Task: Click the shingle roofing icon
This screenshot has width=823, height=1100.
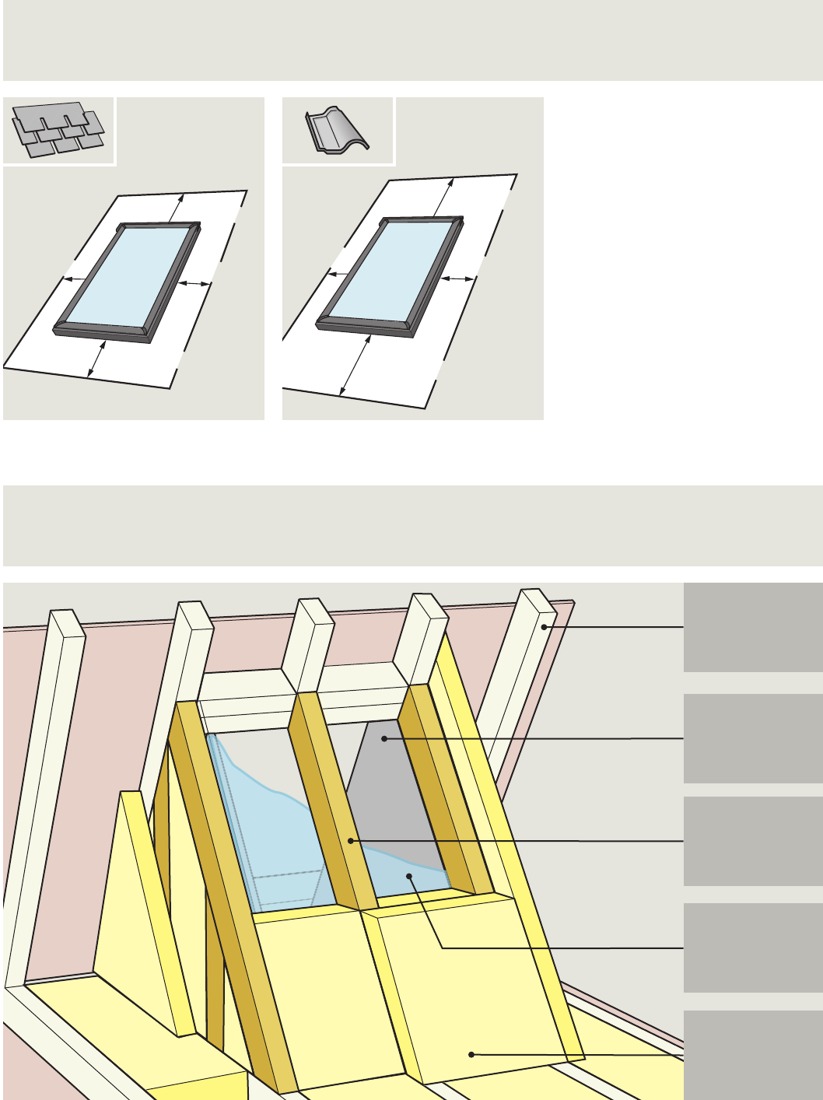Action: (x=58, y=128)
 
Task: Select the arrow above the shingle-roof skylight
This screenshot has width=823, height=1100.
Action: (x=178, y=208)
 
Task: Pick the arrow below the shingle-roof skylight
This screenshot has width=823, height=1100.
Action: (x=97, y=359)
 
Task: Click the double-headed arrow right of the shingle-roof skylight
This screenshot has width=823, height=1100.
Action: (x=194, y=284)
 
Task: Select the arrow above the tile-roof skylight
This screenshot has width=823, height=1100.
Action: (x=443, y=197)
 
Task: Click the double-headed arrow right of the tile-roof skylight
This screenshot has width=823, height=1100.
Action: (x=457, y=278)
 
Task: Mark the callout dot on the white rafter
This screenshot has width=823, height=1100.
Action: (x=544, y=626)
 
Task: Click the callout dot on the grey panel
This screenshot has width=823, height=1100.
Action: (x=384, y=737)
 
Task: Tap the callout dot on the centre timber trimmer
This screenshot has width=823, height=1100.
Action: (x=352, y=840)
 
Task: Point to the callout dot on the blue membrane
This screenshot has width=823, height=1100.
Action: (x=409, y=876)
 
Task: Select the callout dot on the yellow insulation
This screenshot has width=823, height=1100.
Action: (x=471, y=1054)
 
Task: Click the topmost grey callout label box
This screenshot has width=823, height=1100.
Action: (x=752, y=627)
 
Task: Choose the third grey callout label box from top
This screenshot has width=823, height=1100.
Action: (x=752, y=841)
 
